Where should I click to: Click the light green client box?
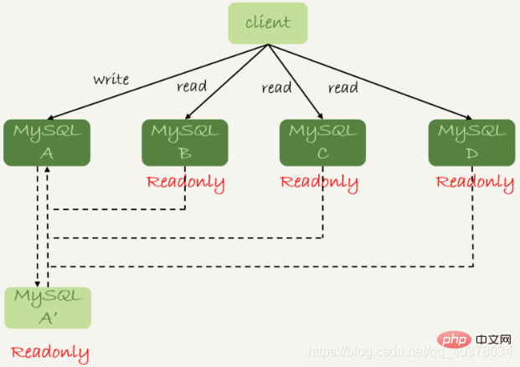(x=268, y=23)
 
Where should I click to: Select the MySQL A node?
(x=47, y=142)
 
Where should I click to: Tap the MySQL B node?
(x=184, y=142)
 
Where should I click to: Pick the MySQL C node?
(x=322, y=142)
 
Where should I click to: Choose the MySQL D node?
(x=471, y=142)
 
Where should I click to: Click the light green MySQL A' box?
(x=48, y=308)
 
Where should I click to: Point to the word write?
(x=111, y=80)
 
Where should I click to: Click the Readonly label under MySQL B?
(x=185, y=182)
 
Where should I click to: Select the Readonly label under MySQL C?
(x=319, y=182)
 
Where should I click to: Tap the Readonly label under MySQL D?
(x=475, y=182)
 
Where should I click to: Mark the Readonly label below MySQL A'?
(x=50, y=352)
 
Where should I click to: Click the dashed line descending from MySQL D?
(x=473, y=226)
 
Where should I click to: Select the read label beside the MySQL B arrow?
(x=192, y=86)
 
